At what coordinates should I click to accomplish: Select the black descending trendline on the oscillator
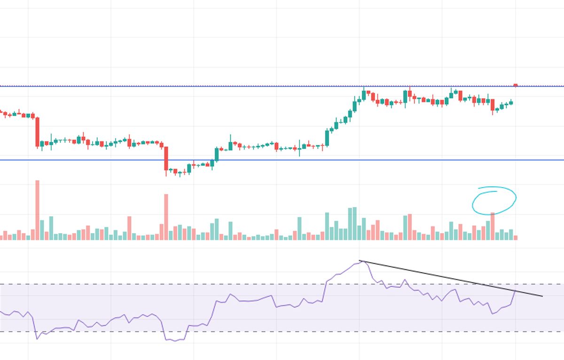click(x=451, y=279)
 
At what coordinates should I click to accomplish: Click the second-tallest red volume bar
click(x=166, y=217)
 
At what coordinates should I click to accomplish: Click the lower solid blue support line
click(x=282, y=160)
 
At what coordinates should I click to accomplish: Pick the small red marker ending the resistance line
click(x=516, y=85)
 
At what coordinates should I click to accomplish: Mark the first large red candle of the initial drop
click(x=38, y=132)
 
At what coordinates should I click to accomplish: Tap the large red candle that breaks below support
click(x=166, y=158)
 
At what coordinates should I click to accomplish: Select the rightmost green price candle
click(x=511, y=102)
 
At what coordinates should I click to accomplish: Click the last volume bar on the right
click(x=516, y=238)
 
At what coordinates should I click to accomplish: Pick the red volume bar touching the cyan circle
click(x=493, y=226)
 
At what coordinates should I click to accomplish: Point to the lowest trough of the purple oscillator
click(x=175, y=340)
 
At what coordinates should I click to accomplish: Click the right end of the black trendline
click(x=542, y=296)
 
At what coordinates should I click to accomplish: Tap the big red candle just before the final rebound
click(x=493, y=106)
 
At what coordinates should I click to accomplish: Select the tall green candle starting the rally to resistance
click(x=327, y=137)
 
